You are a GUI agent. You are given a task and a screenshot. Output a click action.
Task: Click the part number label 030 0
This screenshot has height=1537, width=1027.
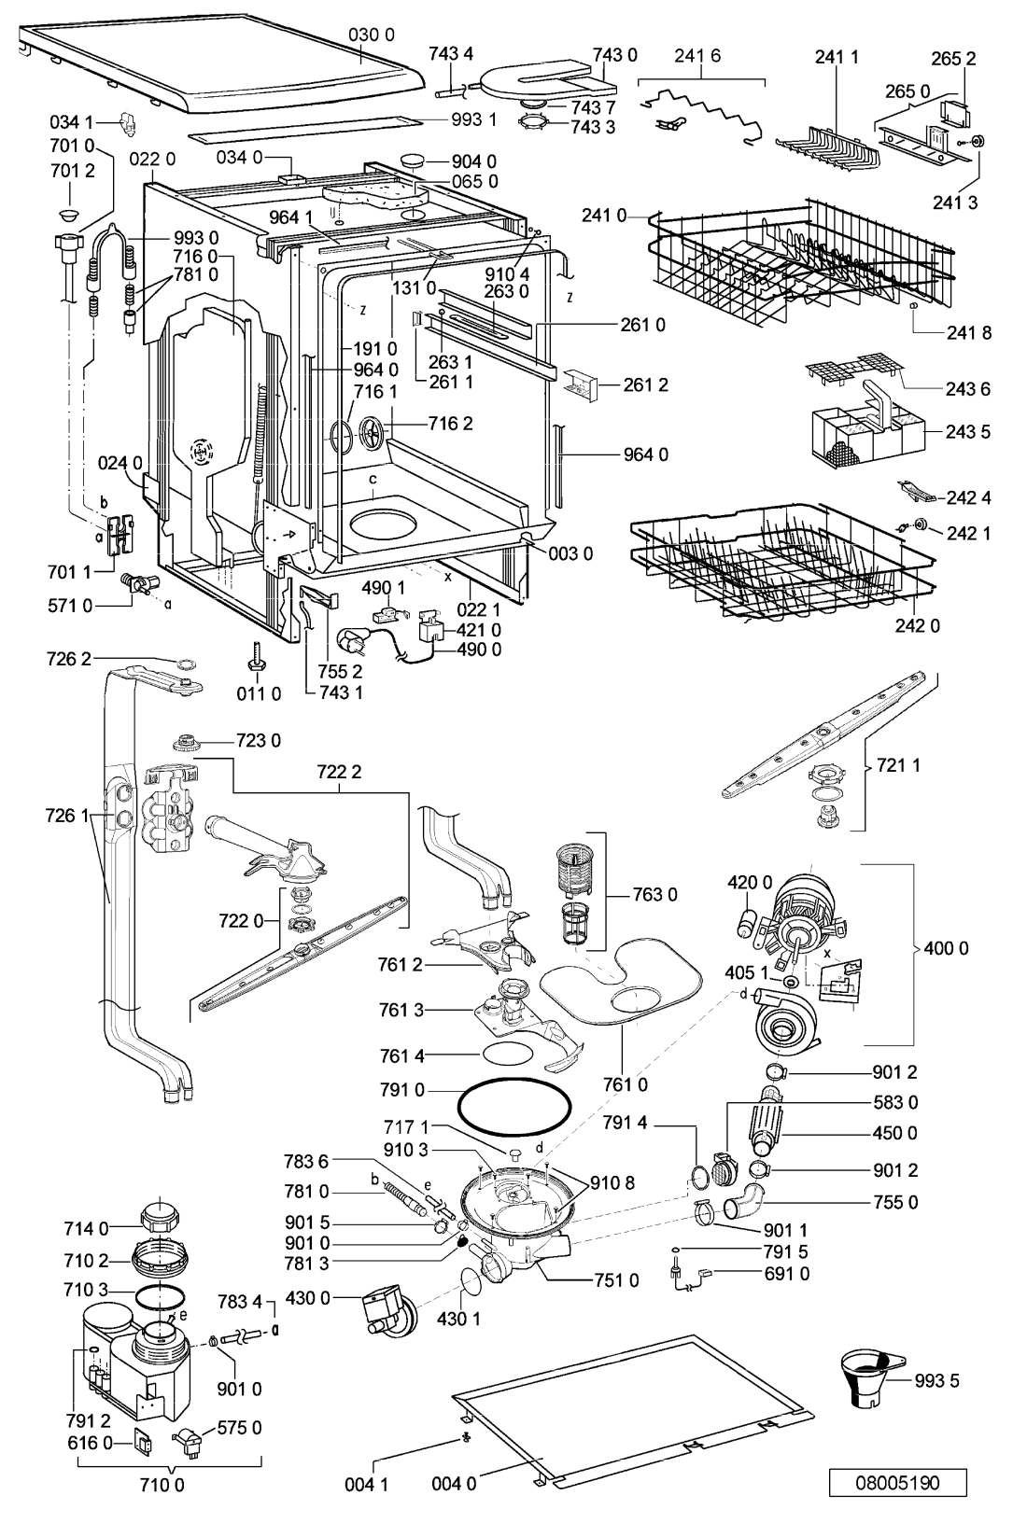pyautogui.click(x=372, y=35)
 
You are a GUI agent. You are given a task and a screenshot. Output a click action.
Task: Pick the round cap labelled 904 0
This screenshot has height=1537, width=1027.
pyautogui.click(x=415, y=161)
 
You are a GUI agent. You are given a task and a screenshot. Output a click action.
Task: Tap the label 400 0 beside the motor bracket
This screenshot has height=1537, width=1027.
pyautogui.click(x=946, y=949)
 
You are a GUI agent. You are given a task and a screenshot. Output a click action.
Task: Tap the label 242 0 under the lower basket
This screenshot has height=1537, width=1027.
pyautogui.click(x=917, y=626)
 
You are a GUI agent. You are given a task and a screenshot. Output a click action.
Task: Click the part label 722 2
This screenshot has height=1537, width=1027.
pyautogui.click(x=339, y=772)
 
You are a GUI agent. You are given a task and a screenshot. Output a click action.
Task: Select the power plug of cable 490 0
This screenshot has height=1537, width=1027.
pyautogui.click(x=350, y=641)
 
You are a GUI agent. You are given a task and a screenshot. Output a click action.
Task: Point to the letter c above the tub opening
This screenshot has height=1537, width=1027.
pyautogui.click(x=373, y=478)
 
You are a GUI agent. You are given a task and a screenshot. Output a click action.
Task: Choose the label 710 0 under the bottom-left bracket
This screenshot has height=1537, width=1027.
pyautogui.click(x=162, y=1486)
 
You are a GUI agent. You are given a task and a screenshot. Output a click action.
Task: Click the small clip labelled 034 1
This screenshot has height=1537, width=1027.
pyautogui.click(x=127, y=123)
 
